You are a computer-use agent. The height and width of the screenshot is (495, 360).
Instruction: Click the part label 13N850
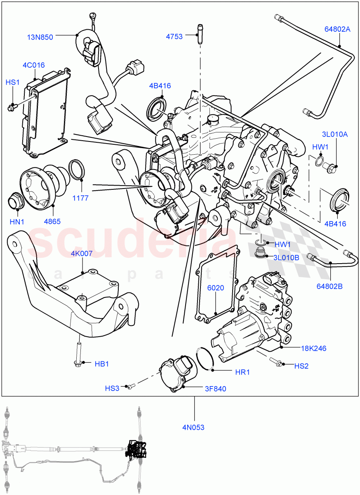pyautogui.click(x=40, y=37)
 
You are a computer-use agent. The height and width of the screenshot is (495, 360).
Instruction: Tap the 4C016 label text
pyautogui.click(x=33, y=65)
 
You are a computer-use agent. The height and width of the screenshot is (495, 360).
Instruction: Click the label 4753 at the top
pyautogui.click(x=174, y=36)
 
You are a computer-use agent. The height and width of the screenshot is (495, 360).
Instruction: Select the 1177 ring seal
pyautogui.click(x=78, y=170)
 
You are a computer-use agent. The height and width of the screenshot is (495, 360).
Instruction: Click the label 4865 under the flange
pyautogui.click(x=52, y=222)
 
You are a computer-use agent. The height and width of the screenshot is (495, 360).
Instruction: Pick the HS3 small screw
pyautogui.click(x=131, y=387)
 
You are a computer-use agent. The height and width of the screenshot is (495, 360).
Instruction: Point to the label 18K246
pyautogui.click(x=313, y=349)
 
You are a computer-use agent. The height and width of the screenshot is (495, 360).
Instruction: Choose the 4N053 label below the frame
pyautogui.click(x=193, y=427)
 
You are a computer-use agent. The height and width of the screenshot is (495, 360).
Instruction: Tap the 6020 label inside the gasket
pyautogui.click(x=216, y=288)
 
